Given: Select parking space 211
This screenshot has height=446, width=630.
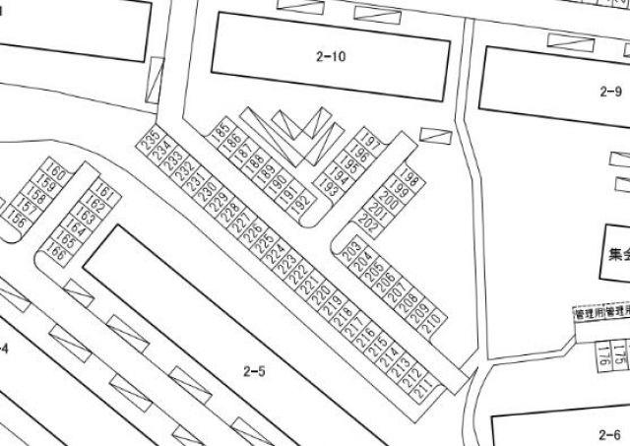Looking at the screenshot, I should (x=424, y=391).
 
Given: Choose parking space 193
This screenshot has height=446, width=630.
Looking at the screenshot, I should (x=330, y=186).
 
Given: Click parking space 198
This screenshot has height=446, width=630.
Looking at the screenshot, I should (x=411, y=181).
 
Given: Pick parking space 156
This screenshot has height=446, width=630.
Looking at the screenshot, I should (x=19, y=220).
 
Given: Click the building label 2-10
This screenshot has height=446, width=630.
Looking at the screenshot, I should (x=331, y=56).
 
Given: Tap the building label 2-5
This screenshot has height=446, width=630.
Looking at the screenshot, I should (x=254, y=371).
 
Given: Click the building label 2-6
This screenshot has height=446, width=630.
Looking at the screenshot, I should (x=609, y=433).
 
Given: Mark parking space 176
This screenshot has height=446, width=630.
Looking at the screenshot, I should (x=600, y=353).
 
